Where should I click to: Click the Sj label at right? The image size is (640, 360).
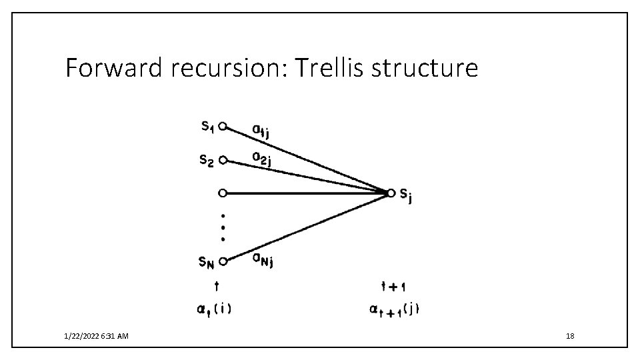click(x=404, y=195)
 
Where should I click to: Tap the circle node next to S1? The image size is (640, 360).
click(x=223, y=125)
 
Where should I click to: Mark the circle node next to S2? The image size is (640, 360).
click(x=223, y=160)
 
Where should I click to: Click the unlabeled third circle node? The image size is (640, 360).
click(x=223, y=193)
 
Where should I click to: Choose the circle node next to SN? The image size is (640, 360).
click(x=223, y=261)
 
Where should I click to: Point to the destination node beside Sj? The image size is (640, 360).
click(x=391, y=193)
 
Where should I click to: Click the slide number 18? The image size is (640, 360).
click(x=569, y=337)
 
